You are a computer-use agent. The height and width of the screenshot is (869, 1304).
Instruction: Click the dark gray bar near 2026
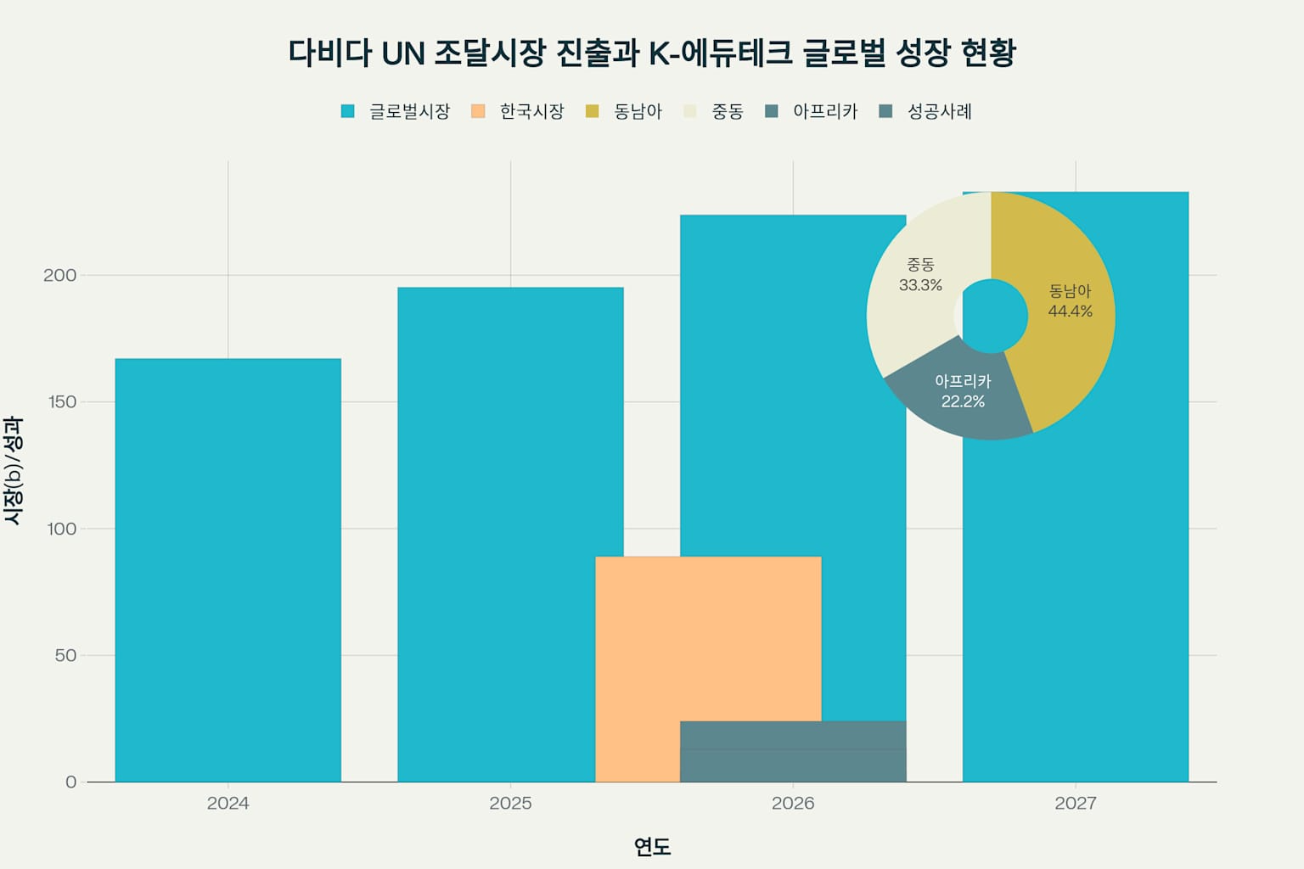click(x=793, y=752)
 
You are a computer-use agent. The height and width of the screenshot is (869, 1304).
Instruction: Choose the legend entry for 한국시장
click(x=518, y=111)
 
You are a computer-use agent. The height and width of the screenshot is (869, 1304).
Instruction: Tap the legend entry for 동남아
click(x=624, y=111)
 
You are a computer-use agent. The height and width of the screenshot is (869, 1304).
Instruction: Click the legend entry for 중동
click(x=714, y=111)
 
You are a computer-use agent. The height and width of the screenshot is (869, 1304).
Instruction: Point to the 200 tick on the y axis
click(x=59, y=275)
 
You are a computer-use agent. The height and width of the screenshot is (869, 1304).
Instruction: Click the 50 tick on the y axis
click(x=65, y=655)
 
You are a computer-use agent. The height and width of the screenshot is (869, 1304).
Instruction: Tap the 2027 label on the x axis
click(x=1075, y=803)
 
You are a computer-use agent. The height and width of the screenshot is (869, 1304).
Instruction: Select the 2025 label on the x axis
click(x=510, y=803)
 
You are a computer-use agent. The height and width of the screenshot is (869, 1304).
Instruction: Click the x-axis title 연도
click(x=652, y=846)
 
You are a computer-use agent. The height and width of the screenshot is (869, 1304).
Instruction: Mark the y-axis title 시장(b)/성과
click(x=13, y=470)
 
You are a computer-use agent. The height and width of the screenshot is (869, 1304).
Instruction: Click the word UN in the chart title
click(x=402, y=53)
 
